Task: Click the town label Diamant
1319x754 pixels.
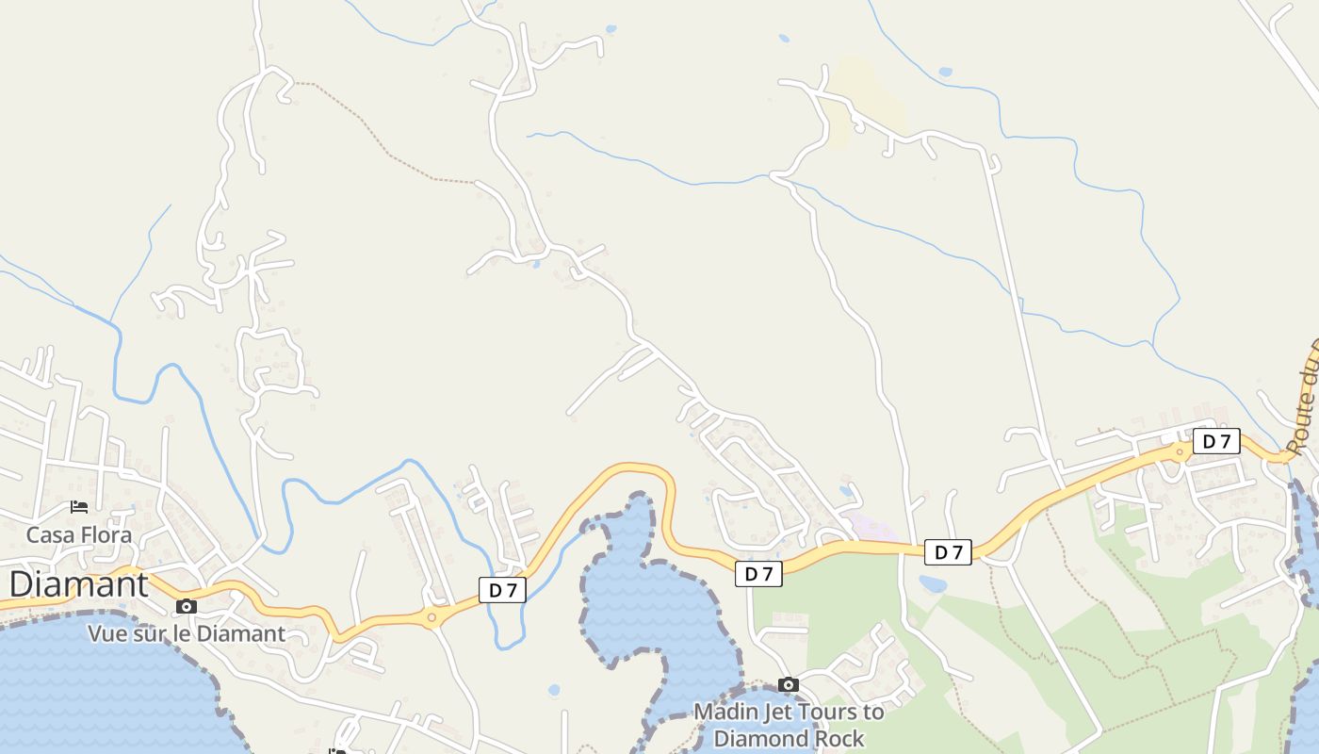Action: click(x=78, y=584)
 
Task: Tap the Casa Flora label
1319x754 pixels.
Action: click(x=78, y=535)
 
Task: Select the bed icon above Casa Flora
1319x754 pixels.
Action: click(x=79, y=507)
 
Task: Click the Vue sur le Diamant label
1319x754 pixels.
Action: click(x=187, y=633)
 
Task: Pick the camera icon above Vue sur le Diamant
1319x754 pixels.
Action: click(x=187, y=606)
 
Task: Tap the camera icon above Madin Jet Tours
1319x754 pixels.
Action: click(x=789, y=684)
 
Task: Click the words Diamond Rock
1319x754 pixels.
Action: click(x=789, y=738)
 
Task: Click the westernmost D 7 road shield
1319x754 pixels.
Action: click(x=502, y=590)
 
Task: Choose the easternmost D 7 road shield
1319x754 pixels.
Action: click(x=1216, y=441)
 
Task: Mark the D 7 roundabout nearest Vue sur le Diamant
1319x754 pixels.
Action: click(x=432, y=618)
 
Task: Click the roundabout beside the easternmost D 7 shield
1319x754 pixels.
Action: click(x=1179, y=452)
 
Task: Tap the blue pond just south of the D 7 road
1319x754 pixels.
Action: click(x=932, y=584)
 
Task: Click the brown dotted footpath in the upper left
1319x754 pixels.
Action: click(x=377, y=132)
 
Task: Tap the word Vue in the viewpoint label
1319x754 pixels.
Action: click(x=106, y=633)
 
